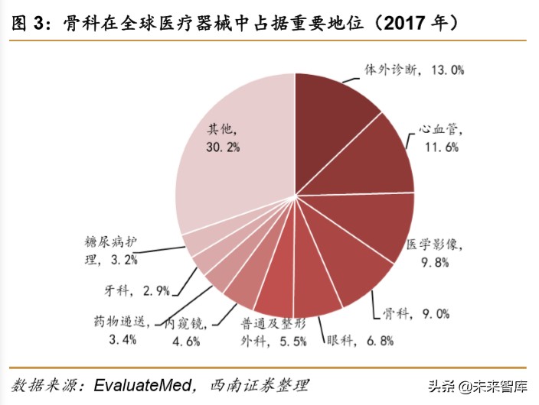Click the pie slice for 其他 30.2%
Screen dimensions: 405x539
tap(230, 168)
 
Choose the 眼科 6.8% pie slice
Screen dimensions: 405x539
tap(315, 287)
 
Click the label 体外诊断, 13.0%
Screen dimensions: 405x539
tap(414, 70)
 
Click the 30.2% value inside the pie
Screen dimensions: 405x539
tap(223, 145)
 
